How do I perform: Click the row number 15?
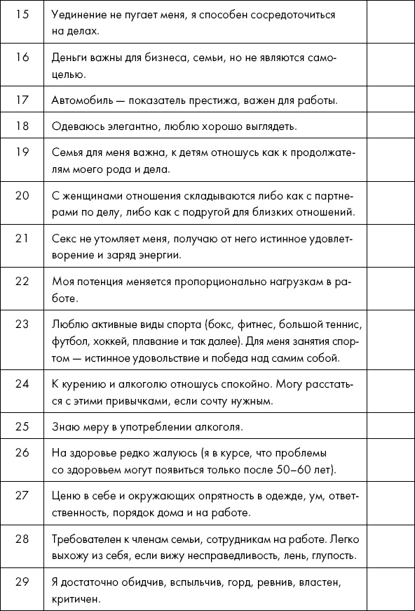pos(22,14)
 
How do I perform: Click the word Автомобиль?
pos(79,100)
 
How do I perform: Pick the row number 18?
pos(22,126)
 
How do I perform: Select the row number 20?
pos(22,195)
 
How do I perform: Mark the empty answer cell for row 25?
pos(389,427)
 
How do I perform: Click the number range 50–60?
pos(301,469)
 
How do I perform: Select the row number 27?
pos(22,495)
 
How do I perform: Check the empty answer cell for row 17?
pos(389,100)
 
